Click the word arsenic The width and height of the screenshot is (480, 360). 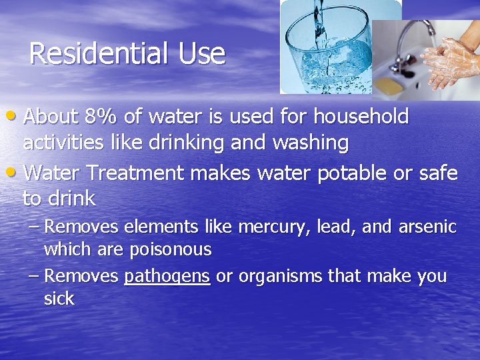[x=427, y=227]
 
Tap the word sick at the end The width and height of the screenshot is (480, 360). [x=59, y=299]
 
